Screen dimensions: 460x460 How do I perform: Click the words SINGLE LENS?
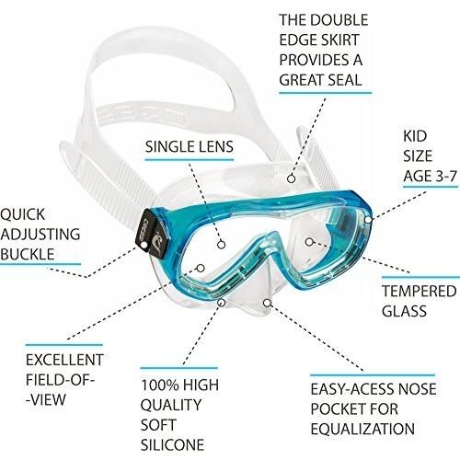point(190,147)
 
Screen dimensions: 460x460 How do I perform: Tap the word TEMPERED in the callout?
point(420,291)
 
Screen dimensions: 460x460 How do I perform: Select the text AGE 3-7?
point(430,177)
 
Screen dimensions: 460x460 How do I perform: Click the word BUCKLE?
point(28,254)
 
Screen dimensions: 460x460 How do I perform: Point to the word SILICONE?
point(172,444)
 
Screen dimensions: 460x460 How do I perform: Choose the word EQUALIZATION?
point(362,429)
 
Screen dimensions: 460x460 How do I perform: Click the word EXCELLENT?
point(64,360)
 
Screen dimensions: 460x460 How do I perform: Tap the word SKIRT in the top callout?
point(339,40)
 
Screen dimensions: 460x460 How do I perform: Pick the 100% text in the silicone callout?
point(158,385)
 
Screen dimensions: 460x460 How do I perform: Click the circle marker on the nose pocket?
point(268,303)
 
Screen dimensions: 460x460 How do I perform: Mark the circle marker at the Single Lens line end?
point(222,245)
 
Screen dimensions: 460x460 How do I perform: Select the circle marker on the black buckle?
point(144,245)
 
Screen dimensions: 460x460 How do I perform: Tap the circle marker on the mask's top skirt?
point(292,178)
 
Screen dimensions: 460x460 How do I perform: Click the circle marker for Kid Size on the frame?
point(368,220)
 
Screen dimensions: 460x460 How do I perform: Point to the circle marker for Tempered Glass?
point(309,242)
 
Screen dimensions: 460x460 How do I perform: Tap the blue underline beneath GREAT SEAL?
point(325,92)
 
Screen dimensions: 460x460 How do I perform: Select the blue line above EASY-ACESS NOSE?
point(373,374)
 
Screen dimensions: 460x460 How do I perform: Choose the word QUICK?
point(23,214)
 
